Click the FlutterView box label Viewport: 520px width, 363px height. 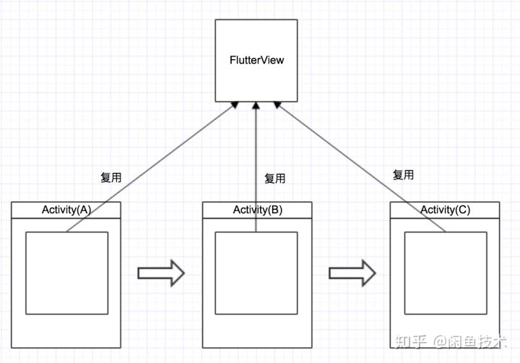(256, 60)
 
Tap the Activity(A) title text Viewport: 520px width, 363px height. (66, 210)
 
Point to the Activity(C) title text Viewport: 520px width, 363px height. (444, 210)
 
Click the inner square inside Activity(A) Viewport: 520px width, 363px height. (66, 273)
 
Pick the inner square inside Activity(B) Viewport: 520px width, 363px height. (256, 273)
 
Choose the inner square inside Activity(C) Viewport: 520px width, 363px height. (445, 273)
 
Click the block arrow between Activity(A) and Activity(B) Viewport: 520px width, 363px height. (161, 273)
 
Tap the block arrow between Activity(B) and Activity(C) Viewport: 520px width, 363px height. (352, 273)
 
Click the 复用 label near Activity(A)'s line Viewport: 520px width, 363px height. (110, 176)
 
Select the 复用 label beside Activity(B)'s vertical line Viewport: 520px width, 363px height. (274, 178)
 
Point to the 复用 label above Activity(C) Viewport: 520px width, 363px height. (403, 174)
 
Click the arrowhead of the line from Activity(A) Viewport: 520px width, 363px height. (233, 106)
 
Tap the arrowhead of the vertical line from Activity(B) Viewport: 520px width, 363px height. (256, 106)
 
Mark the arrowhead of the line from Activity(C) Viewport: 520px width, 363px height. (277, 106)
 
